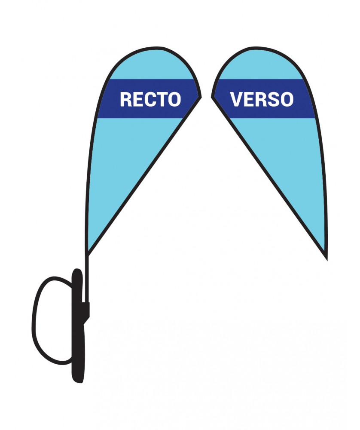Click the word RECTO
coord(150,99)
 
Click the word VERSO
coord(262,99)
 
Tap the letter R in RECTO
coord(126,99)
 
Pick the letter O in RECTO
coord(174,99)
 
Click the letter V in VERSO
coord(237,99)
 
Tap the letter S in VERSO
coord(274,99)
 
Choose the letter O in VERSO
coord(287,99)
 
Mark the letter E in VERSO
coord(249,99)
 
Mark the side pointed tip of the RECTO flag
coord(200,96)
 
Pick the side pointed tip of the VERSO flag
coord(213,96)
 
